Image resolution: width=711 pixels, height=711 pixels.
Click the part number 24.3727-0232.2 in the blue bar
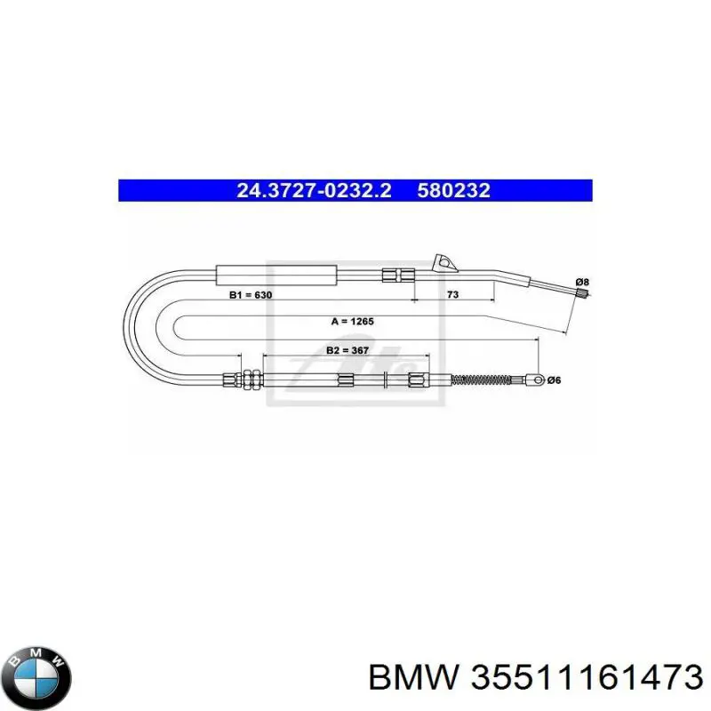[x=314, y=190]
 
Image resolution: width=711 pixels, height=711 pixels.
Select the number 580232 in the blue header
[x=454, y=190]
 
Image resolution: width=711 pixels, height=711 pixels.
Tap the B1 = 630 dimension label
[x=251, y=295]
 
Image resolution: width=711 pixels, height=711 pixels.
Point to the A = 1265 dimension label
[x=352, y=322]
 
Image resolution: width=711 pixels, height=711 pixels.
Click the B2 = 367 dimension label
[x=348, y=350]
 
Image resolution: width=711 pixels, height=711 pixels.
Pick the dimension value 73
[x=452, y=294]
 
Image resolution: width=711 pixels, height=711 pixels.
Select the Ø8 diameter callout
[x=582, y=282]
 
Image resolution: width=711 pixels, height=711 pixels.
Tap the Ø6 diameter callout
[x=554, y=380]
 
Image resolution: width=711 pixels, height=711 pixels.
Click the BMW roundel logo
[x=36, y=678]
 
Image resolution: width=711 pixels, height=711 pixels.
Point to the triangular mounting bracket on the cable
[x=443, y=263]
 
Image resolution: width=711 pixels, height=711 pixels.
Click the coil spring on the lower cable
[x=482, y=380]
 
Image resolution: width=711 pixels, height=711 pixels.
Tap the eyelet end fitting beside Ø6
[x=535, y=380]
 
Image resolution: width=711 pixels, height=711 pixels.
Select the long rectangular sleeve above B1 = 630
[x=276, y=276]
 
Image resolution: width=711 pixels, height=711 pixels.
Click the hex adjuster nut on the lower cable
[x=251, y=379]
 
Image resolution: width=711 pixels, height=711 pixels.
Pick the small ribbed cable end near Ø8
[x=584, y=293]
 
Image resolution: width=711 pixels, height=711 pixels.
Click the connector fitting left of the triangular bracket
[x=398, y=276]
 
